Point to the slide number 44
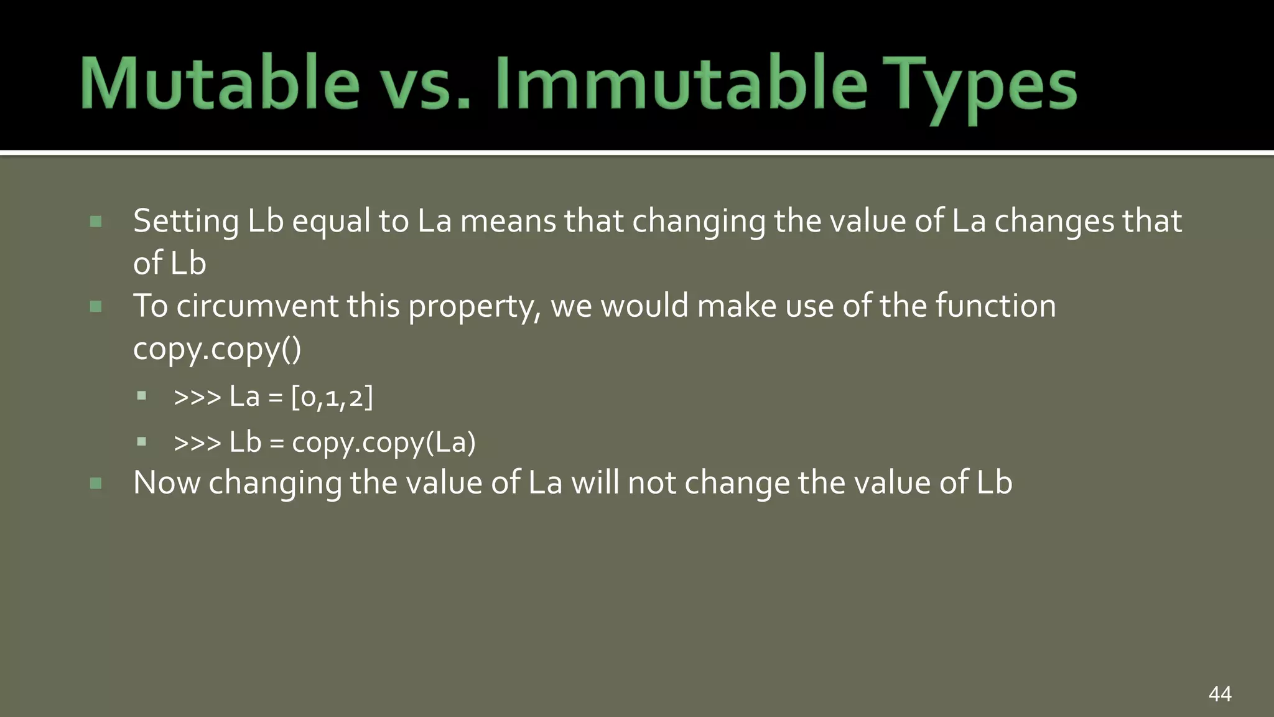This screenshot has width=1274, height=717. pos(1220,693)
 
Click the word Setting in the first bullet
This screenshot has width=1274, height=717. pos(186,222)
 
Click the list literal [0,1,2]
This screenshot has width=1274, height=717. pos(332,397)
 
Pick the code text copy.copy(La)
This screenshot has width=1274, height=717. pos(383,443)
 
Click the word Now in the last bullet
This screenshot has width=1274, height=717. pos(167,483)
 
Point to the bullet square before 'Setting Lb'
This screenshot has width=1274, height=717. pos(96,222)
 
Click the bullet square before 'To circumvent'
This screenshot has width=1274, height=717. pos(96,306)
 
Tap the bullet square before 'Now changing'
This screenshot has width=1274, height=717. pos(96,483)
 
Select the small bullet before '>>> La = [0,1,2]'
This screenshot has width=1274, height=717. pos(142,396)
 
